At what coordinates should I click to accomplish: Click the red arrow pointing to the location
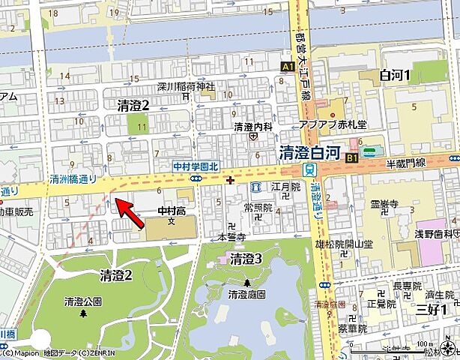click(129, 211)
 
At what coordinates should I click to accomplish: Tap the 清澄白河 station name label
click(311, 152)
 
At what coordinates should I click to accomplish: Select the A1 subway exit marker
click(288, 67)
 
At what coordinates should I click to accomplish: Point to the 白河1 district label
click(396, 75)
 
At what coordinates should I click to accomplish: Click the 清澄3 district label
click(245, 259)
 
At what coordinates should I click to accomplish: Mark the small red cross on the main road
click(229, 179)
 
